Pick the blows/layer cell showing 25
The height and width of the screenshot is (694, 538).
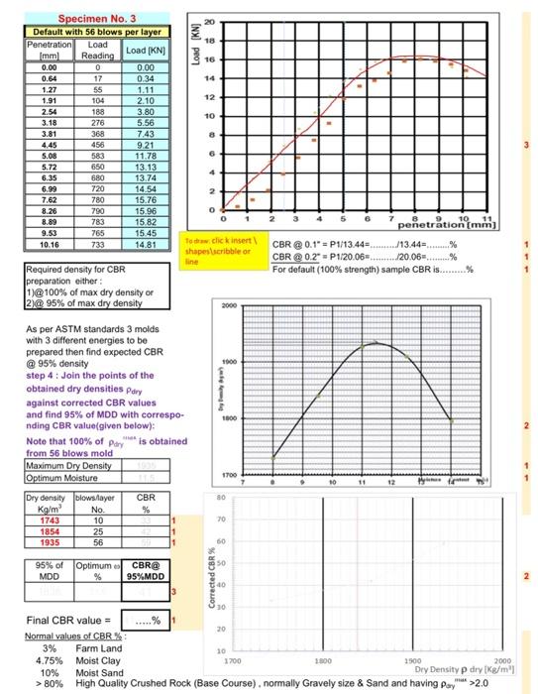[x=98, y=532]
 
